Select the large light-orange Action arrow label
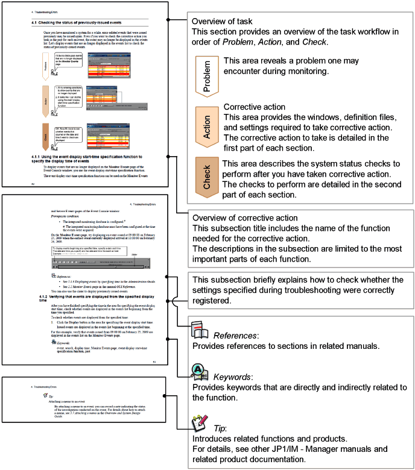point(206,125)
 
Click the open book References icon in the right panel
point(200,329)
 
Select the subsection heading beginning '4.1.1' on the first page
point(90,158)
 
